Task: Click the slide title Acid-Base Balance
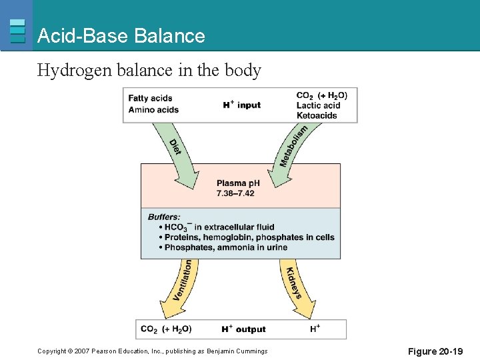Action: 121,36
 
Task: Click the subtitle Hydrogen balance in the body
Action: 149,70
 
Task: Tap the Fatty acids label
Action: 150,99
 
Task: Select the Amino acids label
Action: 153,109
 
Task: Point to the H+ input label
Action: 241,105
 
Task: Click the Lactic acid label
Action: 318,105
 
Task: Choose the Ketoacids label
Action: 317,115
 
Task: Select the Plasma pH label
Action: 238,183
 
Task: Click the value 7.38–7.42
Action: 235,193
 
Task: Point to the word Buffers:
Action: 164,217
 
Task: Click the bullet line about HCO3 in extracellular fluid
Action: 216,227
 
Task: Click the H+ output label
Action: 243,329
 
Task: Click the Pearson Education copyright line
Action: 153,351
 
